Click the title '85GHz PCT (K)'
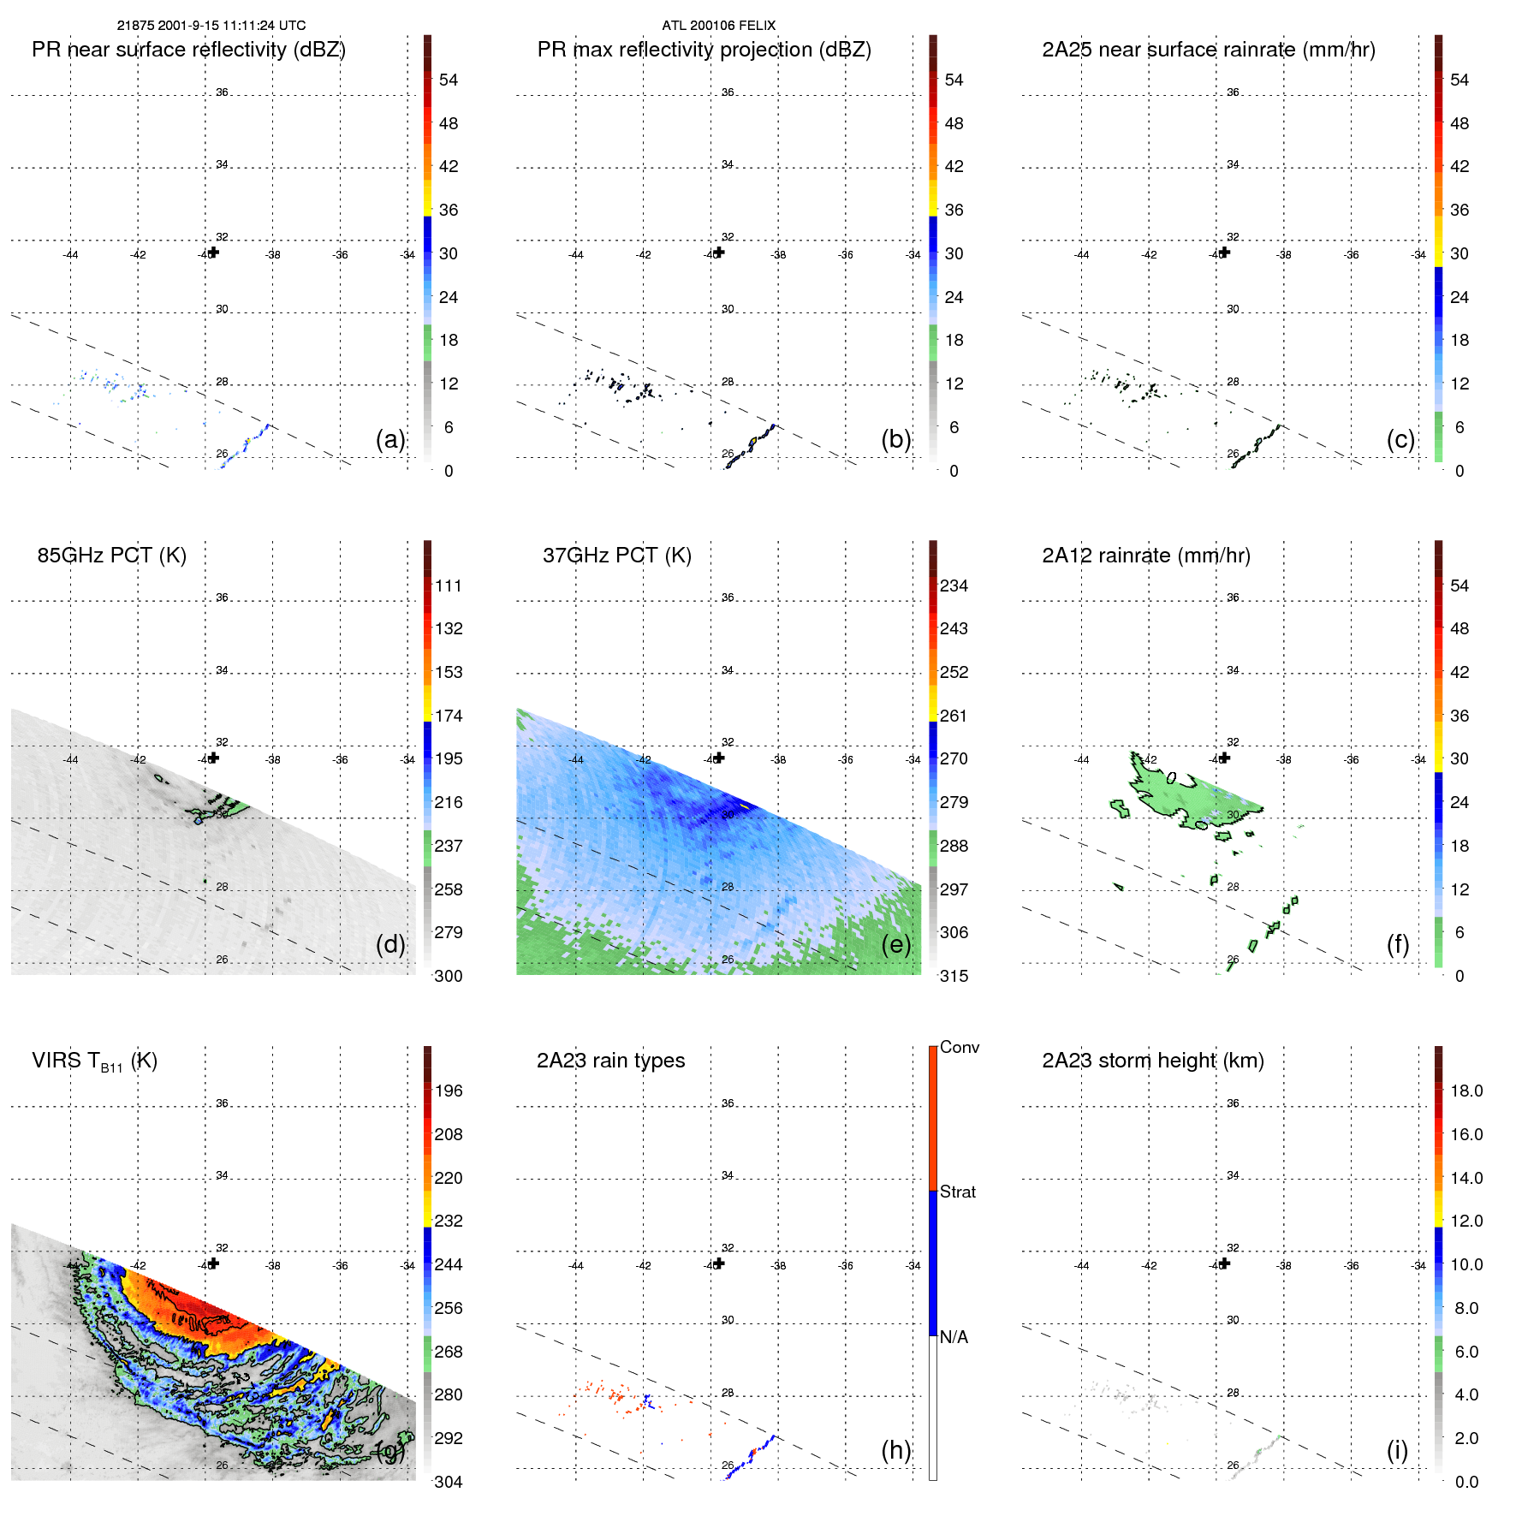click(111, 556)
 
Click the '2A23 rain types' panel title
click(610, 1061)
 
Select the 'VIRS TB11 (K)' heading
click(94, 1061)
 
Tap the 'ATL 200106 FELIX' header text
click(718, 26)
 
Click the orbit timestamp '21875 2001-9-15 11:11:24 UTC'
click(211, 26)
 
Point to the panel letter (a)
click(390, 439)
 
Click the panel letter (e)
click(895, 944)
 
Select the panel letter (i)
click(1397, 1450)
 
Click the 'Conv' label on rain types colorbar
click(960, 1047)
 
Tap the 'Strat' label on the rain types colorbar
click(958, 1192)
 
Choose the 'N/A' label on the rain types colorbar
click(954, 1337)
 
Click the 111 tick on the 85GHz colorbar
click(449, 586)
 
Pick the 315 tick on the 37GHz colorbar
click(954, 976)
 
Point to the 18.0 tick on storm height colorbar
click(1466, 1091)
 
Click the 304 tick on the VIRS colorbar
click(449, 1482)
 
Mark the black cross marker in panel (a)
click(213, 253)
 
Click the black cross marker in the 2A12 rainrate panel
click(1225, 758)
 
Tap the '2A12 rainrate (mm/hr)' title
click(1146, 556)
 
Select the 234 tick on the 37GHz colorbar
click(954, 586)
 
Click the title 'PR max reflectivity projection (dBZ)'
click(704, 50)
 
